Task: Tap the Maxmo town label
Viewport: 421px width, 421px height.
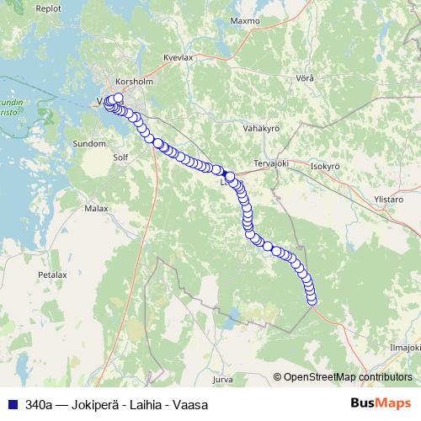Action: (245, 19)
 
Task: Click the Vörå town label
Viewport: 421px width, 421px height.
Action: (305, 78)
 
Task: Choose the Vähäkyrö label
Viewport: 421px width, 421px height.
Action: (260, 128)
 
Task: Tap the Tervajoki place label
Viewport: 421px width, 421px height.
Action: (271, 163)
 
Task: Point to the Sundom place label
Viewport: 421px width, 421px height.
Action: (90, 144)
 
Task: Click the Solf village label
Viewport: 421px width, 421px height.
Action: (121, 157)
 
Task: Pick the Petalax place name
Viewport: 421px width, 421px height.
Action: (52, 274)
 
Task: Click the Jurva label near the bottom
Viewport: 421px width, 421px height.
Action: (222, 379)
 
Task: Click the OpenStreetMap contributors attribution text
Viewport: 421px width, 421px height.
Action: (347, 377)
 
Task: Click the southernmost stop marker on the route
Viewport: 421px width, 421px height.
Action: (312, 300)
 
